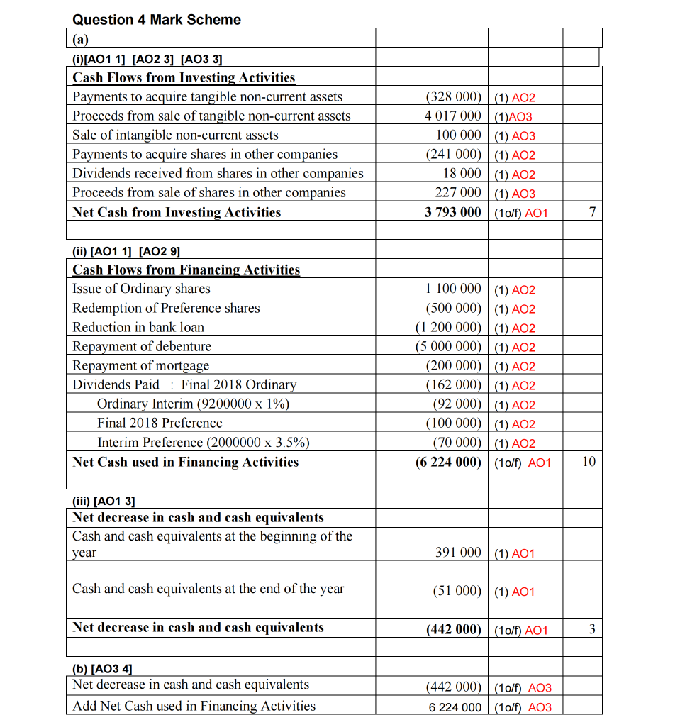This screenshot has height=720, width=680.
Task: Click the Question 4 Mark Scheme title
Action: pos(157,20)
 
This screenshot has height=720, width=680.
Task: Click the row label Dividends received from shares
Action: pos(218,174)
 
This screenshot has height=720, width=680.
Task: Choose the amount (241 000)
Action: pos(453,155)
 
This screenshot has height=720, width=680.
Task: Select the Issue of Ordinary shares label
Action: pos(141,289)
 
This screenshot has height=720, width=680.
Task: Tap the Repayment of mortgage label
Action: pos(141,366)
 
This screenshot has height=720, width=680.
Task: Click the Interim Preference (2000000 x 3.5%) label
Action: pos(204,443)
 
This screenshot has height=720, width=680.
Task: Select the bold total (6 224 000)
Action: pos(448,462)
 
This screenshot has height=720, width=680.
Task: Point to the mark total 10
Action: pos(589,462)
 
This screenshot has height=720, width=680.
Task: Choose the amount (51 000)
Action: pos(457,591)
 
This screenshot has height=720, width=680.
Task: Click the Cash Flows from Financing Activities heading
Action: pos(186,270)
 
